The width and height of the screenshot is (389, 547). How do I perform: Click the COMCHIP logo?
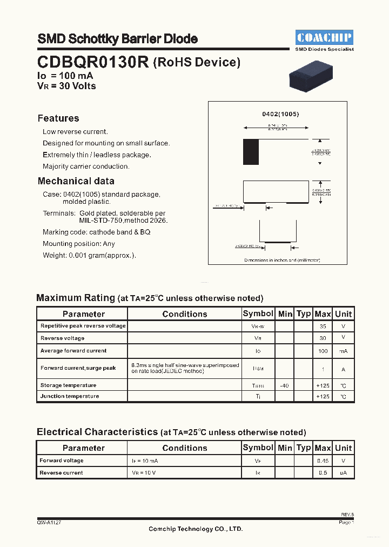pos(324,37)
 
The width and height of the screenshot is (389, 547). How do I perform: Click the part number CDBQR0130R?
pos(93,62)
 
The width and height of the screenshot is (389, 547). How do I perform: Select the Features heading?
pos(58,118)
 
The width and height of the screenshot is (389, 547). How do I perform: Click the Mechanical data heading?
pos(76,181)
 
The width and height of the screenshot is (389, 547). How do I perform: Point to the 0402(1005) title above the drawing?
pos(280,115)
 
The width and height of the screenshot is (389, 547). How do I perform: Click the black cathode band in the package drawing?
pos(251,148)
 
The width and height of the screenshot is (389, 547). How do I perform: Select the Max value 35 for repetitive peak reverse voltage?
pos(323,326)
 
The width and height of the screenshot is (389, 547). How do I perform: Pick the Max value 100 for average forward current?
pos(323,351)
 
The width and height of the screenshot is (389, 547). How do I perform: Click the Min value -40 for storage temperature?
pos(285,385)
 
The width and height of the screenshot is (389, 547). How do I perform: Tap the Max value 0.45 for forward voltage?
pos(323,461)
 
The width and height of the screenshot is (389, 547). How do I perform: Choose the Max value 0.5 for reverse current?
pos(323,473)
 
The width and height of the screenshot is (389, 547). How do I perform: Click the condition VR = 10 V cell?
pos(144,473)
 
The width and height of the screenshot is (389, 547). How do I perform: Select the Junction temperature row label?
pos(70,396)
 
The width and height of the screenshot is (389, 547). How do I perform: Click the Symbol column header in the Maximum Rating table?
pos(258,313)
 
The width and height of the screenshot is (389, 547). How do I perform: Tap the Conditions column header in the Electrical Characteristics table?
pos(184,448)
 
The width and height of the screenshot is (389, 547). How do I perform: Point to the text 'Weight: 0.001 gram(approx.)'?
pos(89,256)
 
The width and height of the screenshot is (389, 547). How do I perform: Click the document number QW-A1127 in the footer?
pos(53,523)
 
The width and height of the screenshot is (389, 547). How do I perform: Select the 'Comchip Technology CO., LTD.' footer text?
pos(196,529)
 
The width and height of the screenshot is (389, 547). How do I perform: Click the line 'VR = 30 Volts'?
pos(66,86)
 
